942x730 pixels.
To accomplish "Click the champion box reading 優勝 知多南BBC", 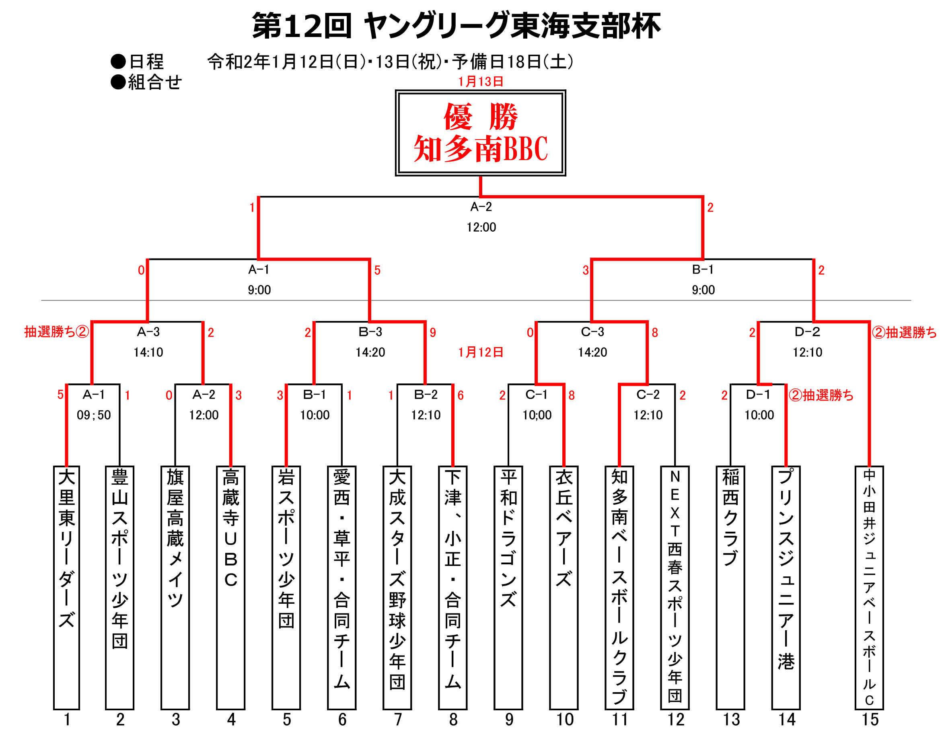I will pos(480,133).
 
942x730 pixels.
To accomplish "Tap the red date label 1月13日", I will pos(481,82).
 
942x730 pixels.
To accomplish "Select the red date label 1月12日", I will pos(481,352).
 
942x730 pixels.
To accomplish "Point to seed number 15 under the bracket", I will pos(870,719).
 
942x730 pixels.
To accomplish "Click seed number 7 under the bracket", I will pos(398,719).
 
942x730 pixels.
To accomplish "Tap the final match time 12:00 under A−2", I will pos(481,227).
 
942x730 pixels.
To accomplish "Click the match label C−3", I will pos(592,331).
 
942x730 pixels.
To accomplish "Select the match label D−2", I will pos(807,331).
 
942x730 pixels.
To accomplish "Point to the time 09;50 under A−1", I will pos(94,415).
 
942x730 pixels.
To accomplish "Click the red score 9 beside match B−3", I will pos(433,333).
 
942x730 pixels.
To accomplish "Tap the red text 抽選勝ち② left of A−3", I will pos(56,331).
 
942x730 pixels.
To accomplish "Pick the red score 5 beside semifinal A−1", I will pos(377,270).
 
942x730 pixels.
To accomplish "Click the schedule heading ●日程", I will pos(137,62).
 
